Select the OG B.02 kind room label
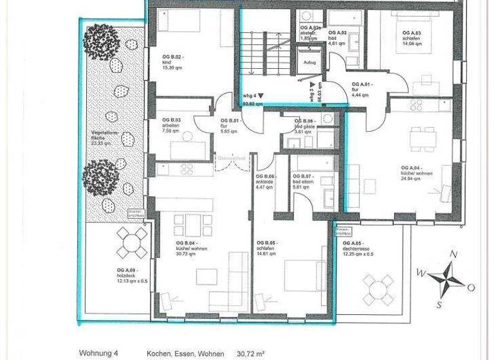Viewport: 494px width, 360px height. tap(174, 62)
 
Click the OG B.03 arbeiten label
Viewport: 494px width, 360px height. tap(172, 126)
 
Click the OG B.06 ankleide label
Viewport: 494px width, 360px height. tap(266, 183)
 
